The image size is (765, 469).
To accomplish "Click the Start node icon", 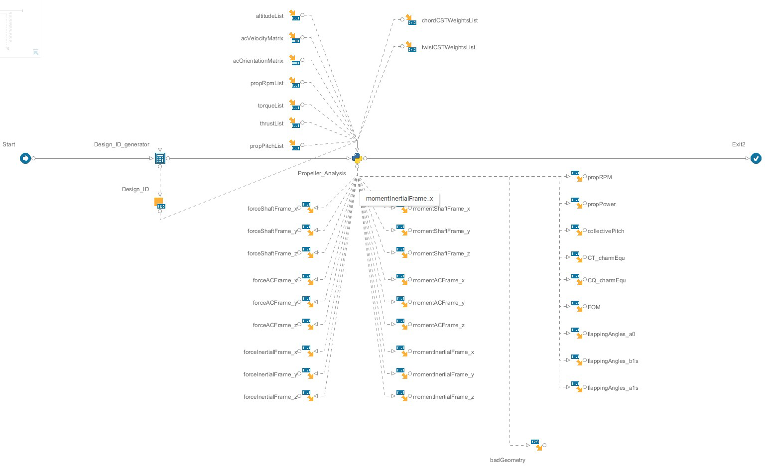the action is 25,158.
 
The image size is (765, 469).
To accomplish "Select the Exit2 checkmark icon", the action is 756,158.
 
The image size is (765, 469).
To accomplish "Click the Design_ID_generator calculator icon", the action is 160,158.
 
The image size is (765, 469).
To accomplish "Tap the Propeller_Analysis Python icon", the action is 357,158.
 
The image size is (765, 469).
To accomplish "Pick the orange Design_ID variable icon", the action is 160,203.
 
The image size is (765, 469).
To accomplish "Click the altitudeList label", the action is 269,16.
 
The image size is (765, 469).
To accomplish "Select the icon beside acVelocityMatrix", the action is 294,37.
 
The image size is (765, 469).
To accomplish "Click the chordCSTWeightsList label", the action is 449,20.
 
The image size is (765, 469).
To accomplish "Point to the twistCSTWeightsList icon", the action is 411,47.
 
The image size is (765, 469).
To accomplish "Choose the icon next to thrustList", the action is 294,122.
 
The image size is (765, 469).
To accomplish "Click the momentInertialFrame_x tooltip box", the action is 399,198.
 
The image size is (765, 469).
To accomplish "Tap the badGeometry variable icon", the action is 536,445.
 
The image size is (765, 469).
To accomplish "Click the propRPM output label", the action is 599,177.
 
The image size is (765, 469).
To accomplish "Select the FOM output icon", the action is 577,306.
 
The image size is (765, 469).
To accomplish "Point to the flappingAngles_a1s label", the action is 613,388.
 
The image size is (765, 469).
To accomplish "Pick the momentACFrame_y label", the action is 438,303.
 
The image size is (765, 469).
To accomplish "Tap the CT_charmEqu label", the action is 606,258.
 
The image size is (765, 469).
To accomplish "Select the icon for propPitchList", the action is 294,145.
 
